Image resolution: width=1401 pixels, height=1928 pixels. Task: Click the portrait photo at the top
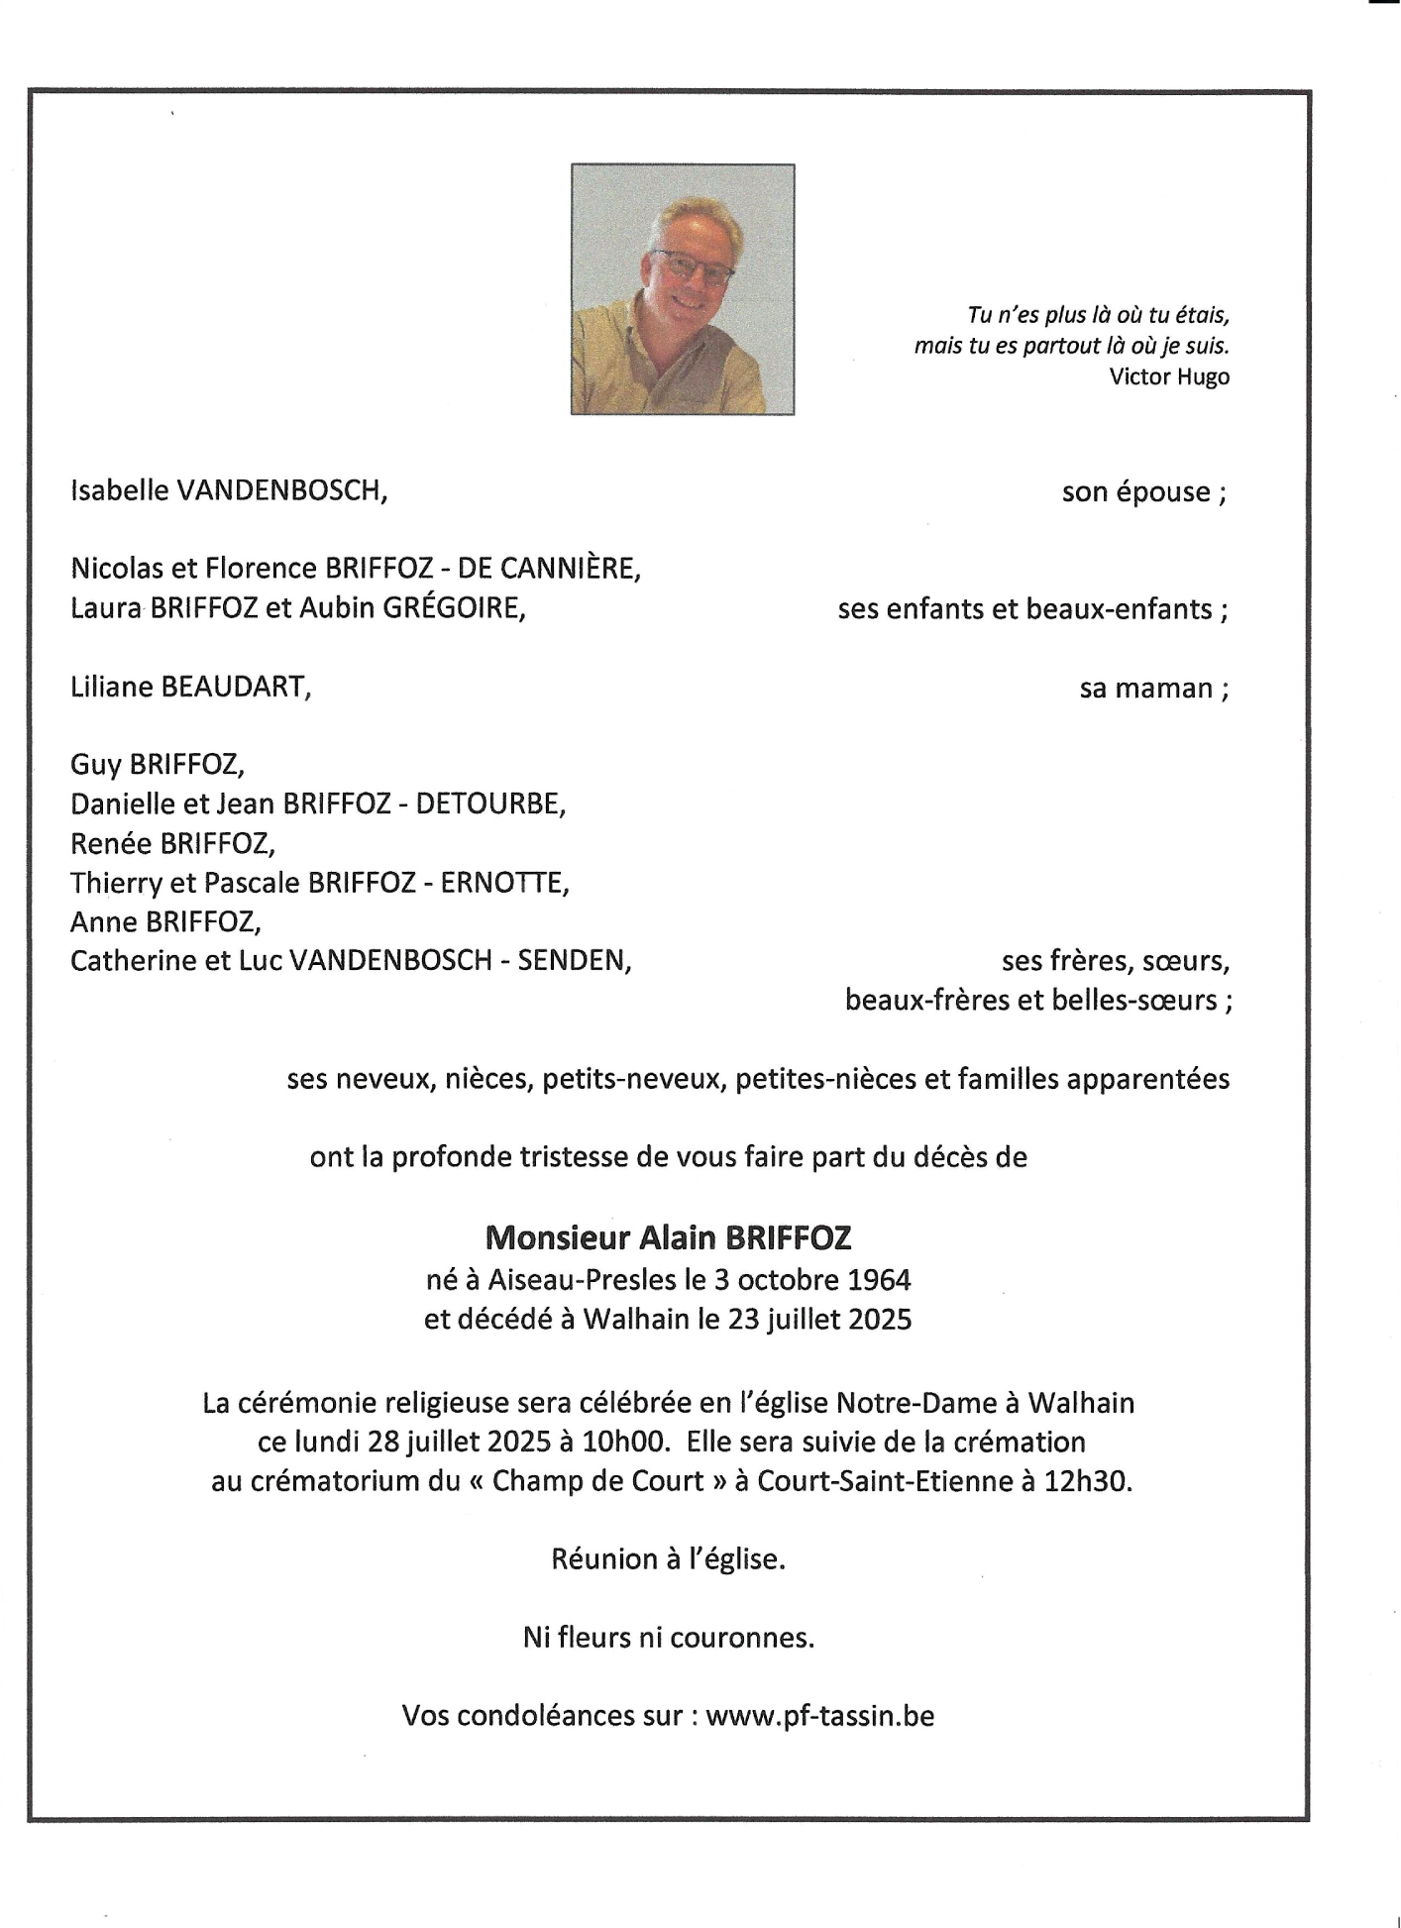tap(683, 288)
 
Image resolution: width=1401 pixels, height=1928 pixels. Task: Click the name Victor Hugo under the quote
tap(1169, 376)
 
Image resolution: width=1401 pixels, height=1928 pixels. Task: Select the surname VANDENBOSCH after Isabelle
tap(280, 490)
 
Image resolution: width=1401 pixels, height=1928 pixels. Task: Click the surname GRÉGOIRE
tap(461, 607)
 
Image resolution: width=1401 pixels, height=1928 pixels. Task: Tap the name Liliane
tap(111, 687)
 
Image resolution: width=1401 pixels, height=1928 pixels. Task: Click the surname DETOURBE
tap(489, 803)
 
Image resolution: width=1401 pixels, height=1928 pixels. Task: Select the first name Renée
tap(111, 843)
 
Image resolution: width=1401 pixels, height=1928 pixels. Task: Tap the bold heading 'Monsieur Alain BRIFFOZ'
tap(668, 1237)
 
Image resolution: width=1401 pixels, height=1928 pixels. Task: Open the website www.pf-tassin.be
tap(819, 1716)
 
